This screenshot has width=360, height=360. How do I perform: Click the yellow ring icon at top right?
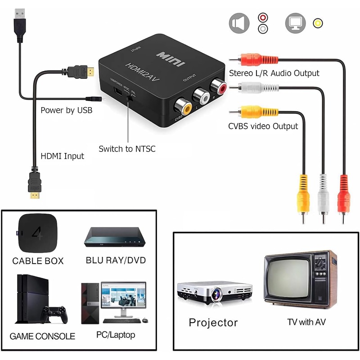(x=318, y=23)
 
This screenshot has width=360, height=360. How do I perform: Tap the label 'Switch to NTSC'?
(x=127, y=149)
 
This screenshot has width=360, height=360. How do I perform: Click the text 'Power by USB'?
(x=67, y=110)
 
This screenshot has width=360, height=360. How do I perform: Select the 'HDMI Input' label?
(x=63, y=157)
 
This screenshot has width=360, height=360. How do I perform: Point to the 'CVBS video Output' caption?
(x=263, y=126)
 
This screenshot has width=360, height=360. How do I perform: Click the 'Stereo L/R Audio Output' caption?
(x=274, y=73)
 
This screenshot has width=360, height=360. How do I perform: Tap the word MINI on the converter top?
(x=170, y=59)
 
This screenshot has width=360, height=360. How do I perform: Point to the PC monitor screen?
(x=123, y=299)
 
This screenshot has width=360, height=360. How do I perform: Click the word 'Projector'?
(x=213, y=323)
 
